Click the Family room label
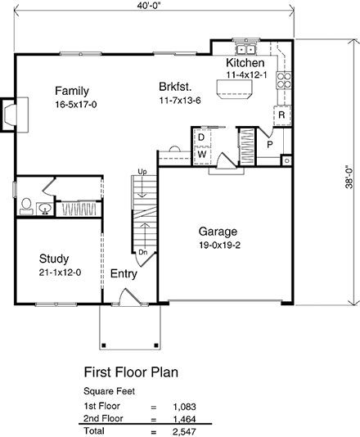click(x=71, y=90)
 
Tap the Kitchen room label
click(x=245, y=63)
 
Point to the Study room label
click(x=53, y=259)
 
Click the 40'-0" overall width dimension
click(x=154, y=8)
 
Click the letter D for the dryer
click(x=200, y=139)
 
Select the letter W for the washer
click(x=200, y=154)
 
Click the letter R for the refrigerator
click(x=281, y=115)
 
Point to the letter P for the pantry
click(x=268, y=144)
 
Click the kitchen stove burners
click(x=286, y=79)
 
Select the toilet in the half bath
click(x=27, y=205)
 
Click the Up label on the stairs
click(x=142, y=171)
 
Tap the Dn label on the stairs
click(x=142, y=252)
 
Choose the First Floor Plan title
click(x=131, y=373)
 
